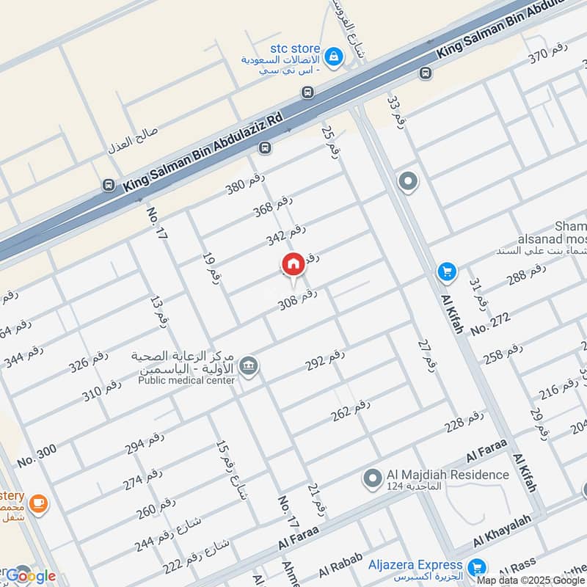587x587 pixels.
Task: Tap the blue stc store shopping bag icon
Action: [x=333, y=56]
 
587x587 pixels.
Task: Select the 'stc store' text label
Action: [x=295, y=48]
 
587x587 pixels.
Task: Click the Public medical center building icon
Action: [x=249, y=365]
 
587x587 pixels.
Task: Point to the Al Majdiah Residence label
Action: [x=448, y=475]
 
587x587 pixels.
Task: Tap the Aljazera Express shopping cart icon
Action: [x=477, y=566]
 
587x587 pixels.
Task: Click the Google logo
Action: [x=29, y=576]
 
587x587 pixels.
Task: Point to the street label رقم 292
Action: [x=325, y=360]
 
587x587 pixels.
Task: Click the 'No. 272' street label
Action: [x=490, y=323]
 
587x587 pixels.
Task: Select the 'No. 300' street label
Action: [x=37, y=456]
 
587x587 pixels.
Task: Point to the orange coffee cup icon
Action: [x=37, y=504]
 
